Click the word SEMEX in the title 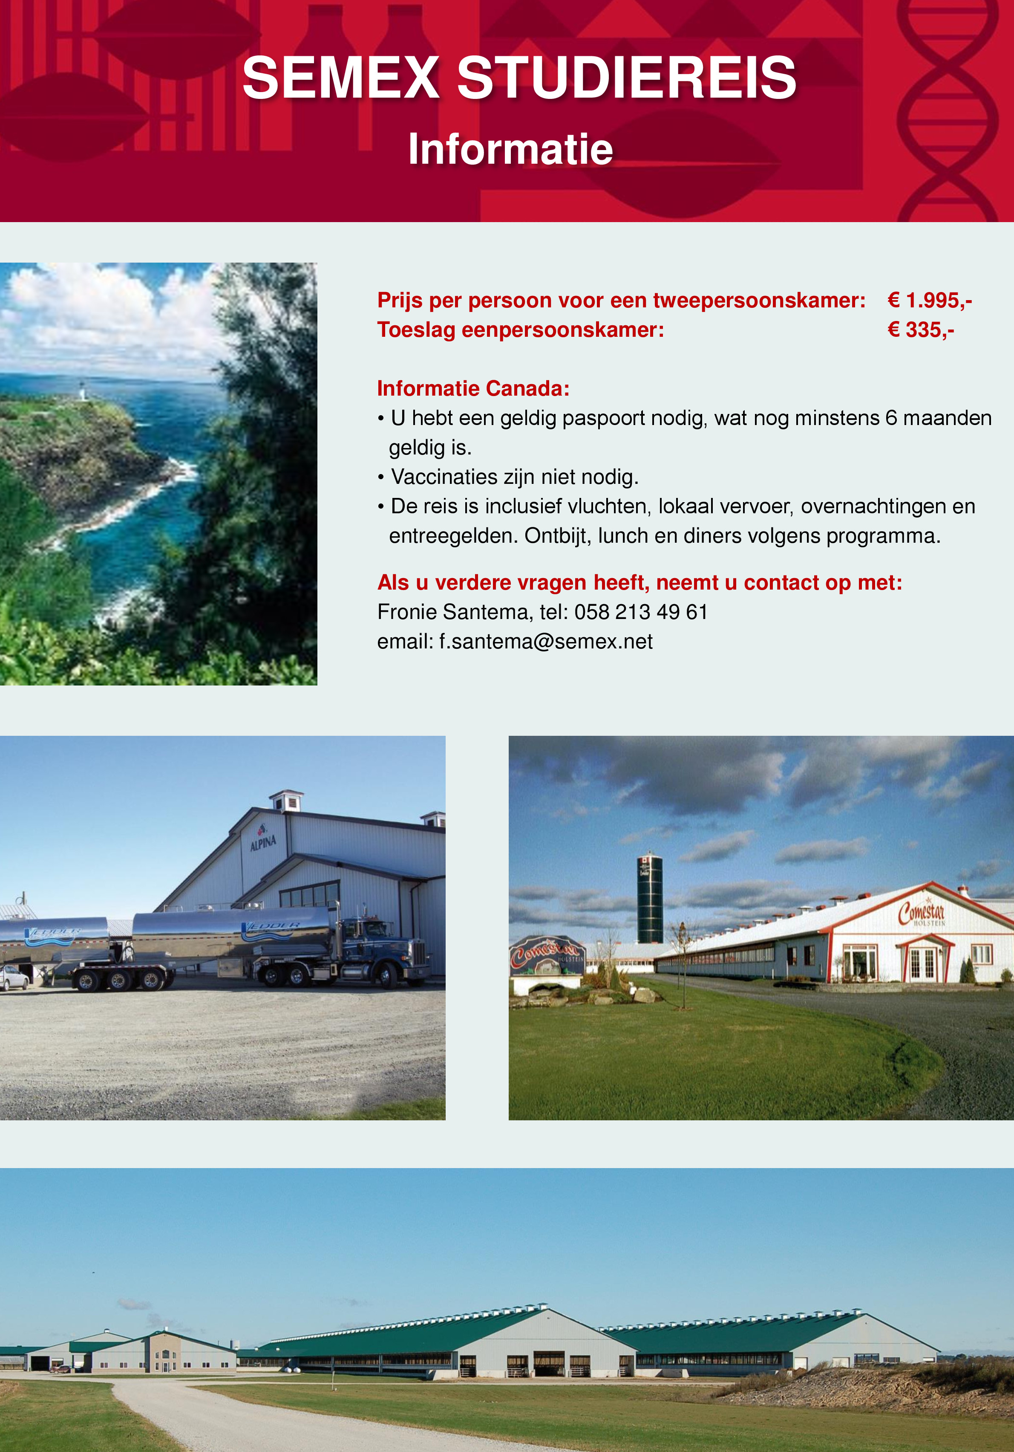(340, 77)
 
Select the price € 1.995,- (929, 301)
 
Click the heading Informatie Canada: (473, 388)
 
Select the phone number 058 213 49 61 (641, 612)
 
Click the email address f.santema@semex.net (546, 642)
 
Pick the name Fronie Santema (452, 612)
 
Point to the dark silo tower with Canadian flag (650, 897)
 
